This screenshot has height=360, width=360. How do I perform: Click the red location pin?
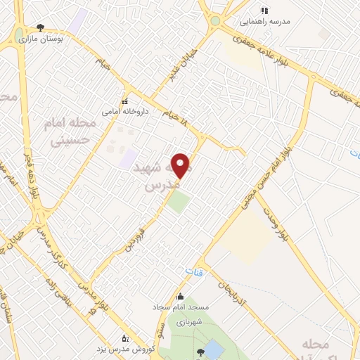pyautogui.click(x=181, y=165)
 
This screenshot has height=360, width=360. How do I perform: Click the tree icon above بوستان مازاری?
pyautogui.click(x=40, y=27)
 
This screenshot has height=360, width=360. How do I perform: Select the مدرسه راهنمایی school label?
pyautogui.click(x=264, y=21)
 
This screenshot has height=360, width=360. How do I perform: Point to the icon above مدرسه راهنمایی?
pyautogui.click(x=264, y=11)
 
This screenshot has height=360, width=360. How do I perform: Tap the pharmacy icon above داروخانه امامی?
pyautogui.click(x=124, y=101)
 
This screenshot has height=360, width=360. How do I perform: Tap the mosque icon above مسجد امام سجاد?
pyautogui.click(x=181, y=296)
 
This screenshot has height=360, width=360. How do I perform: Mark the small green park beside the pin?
pyautogui.click(x=179, y=202)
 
